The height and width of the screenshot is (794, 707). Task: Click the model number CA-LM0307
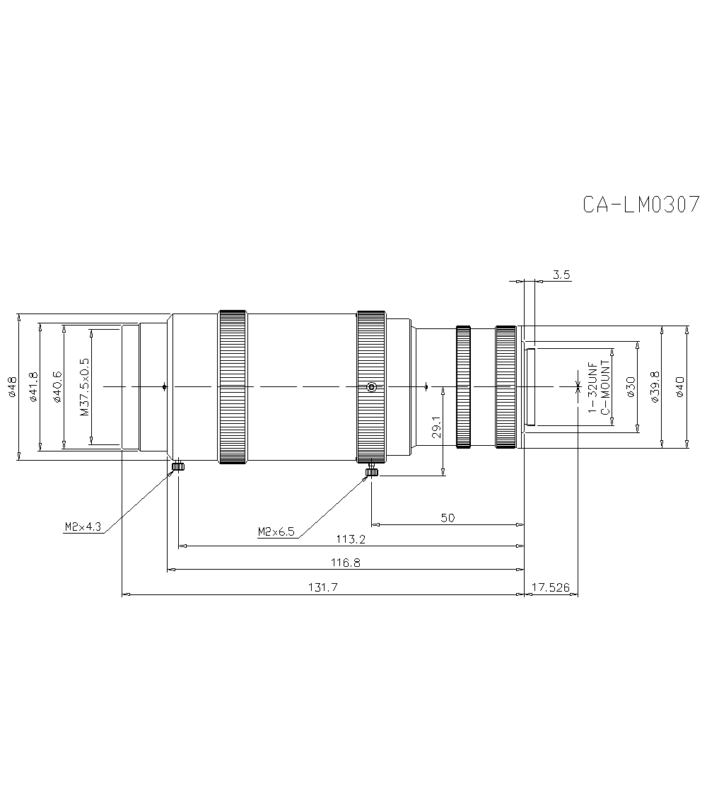(x=641, y=204)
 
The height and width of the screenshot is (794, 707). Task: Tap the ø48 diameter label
(x=12, y=387)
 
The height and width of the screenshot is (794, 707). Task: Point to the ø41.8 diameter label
(x=34, y=387)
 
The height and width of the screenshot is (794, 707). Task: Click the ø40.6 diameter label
(x=58, y=387)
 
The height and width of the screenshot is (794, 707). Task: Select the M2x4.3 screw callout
(x=83, y=527)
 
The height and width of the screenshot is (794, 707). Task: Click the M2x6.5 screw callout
(x=276, y=531)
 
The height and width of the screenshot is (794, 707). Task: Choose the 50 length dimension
(x=448, y=518)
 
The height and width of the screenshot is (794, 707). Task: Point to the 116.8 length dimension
(x=346, y=563)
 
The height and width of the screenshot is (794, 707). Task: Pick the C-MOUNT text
(x=605, y=387)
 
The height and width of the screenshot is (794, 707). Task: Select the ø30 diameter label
(x=631, y=387)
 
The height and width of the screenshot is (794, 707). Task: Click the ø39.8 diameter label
(x=655, y=387)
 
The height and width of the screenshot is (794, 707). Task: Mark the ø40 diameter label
(x=680, y=387)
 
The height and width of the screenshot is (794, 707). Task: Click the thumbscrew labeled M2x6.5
(x=371, y=472)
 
